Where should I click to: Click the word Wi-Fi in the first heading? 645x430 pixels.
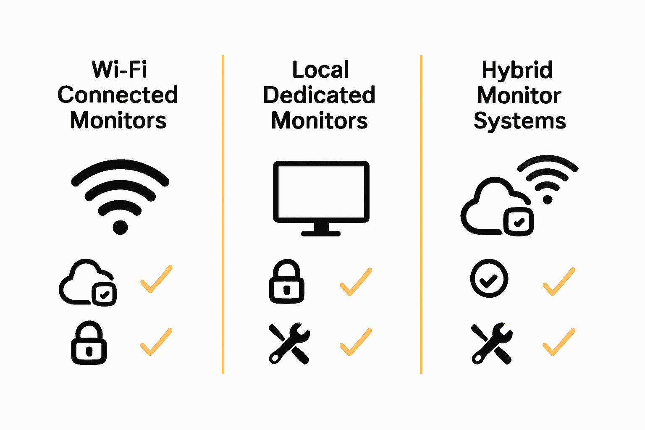pyautogui.click(x=120, y=70)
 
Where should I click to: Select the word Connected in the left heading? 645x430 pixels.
pyautogui.click(x=118, y=95)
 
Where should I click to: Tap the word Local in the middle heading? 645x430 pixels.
pyautogui.click(x=320, y=70)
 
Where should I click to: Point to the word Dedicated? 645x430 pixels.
pyautogui.click(x=319, y=95)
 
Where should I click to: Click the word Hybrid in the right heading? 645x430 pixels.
pyautogui.click(x=517, y=70)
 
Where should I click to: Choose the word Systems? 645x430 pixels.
pyautogui.click(x=519, y=121)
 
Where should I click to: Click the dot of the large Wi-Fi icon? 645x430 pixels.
pyautogui.click(x=120, y=227)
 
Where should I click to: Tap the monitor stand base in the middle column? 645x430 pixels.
pyautogui.click(x=321, y=233)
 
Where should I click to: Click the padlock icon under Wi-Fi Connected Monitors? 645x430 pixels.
pyautogui.click(x=89, y=343)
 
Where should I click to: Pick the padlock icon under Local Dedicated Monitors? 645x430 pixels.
pyautogui.click(x=287, y=282)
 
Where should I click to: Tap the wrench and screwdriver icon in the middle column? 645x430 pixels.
pyautogui.click(x=289, y=343)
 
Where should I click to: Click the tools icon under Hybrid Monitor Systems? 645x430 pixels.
pyautogui.click(x=492, y=343)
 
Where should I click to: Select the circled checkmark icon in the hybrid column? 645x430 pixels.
pyautogui.click(x=489, y=279)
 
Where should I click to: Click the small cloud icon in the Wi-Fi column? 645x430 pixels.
pyautogui.click(x=87, y=282)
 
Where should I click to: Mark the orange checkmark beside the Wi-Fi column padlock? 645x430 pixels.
pyautogui.click(x=156, y=341)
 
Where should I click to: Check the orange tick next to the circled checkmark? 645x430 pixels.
pyautogui.click(x=558, y=281)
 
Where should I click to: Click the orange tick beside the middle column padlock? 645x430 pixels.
pyautogui.click(x=356, y=281)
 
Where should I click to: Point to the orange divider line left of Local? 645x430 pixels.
pyautogui.click(x=223, y=214)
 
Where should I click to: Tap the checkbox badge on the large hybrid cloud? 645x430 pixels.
pyautogui.click(x=519, y=221)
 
